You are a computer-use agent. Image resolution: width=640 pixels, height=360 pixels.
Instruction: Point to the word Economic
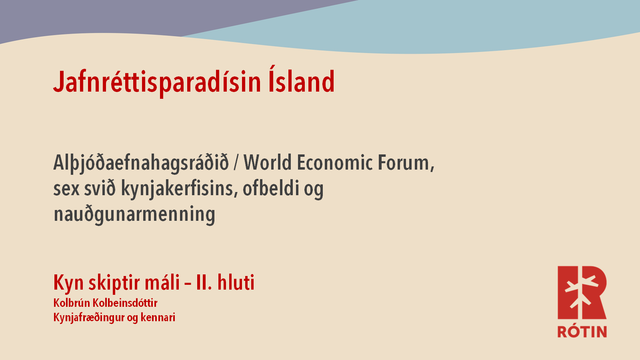click(334, 162)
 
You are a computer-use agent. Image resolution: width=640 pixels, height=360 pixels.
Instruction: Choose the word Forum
click(406, 163)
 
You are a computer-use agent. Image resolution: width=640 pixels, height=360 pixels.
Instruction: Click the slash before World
click(236, 163)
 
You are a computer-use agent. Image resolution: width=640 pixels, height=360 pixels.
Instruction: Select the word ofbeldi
click(270, 188)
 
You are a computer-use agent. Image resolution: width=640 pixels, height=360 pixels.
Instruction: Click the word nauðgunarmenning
click(134, 215)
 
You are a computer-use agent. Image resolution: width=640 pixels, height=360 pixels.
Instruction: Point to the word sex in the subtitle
click(66, 190)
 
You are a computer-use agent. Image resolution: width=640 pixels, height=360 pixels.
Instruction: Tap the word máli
click(162, 282)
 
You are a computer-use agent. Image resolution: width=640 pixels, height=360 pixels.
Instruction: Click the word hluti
click(236, 282)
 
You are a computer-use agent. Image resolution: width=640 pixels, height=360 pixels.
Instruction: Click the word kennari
click(158, 318)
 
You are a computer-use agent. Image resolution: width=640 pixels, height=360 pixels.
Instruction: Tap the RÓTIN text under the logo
click(582, 332)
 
